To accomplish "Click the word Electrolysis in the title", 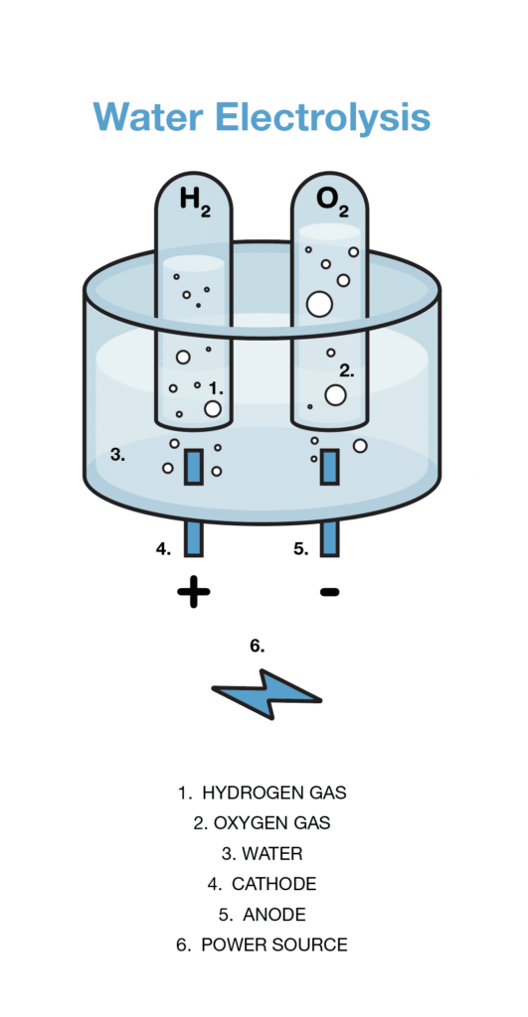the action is [323, 117].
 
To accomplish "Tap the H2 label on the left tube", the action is [195, 200].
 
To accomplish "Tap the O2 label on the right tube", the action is [332, 200].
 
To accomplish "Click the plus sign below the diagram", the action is [194, 592].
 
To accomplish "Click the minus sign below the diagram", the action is [329, 592].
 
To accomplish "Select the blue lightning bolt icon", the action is [266, 694].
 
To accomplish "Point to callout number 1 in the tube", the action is [216, 388].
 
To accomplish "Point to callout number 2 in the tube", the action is [347, 371].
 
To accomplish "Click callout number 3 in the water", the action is [117, 455].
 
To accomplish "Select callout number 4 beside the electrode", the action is [163, 548].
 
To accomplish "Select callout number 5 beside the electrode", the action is [300, 548].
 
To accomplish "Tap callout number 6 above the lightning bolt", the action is [258, 646].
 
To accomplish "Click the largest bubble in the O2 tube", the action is [319, 304].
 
